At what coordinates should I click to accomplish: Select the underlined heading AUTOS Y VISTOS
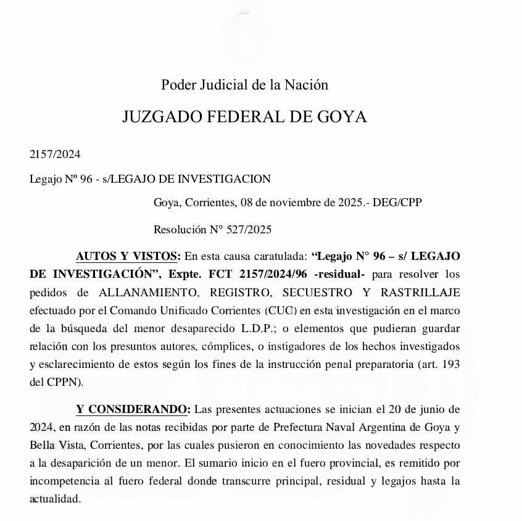coord(128,256)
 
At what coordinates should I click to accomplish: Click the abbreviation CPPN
coord(64,381)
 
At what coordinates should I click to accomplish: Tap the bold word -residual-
coord(339,273)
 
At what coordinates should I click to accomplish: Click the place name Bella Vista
coord(57,445)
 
